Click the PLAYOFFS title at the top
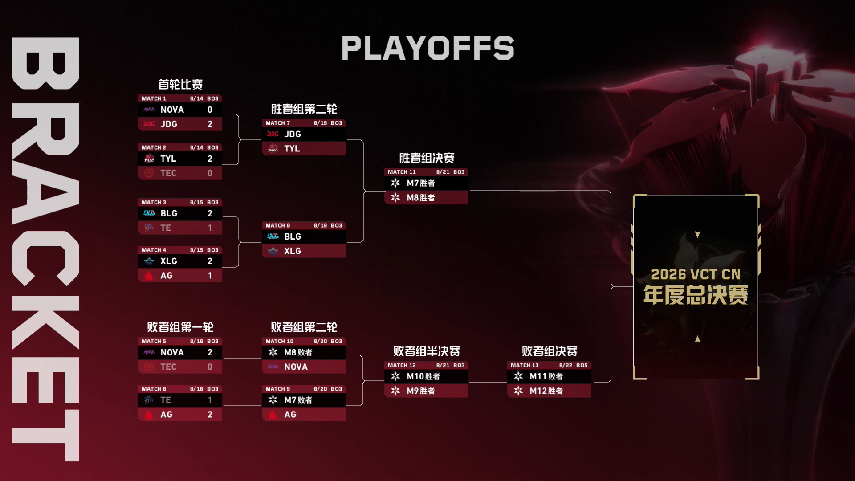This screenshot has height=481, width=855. coord(427,48)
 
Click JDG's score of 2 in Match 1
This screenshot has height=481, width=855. coord(210,124)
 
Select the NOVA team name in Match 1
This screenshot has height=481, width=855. coord(172,110)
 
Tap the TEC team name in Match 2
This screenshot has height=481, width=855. coord(168,173)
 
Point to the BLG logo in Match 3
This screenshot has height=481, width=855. coord(149,213)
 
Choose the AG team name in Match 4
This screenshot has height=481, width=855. coord(166,276)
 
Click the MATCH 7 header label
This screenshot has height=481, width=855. coord(277,123)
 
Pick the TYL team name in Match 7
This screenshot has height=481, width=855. coord(292,149)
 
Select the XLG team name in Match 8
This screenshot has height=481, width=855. coord(292,251)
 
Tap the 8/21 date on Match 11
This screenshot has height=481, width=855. coord(443,172)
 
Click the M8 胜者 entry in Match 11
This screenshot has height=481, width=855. coord(420,198)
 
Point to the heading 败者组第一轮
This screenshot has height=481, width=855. coord(180,327)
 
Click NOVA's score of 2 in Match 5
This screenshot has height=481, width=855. coord(210,352)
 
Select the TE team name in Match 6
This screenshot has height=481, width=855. coord(165,400)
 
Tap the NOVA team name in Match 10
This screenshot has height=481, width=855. coord(296,367)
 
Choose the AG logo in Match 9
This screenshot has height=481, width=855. coord(273,415)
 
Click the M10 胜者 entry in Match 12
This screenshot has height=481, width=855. coord(423,377)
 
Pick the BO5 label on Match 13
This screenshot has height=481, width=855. coord(582,365)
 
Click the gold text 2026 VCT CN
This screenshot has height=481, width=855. coord(696,274)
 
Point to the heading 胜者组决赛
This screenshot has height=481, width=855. coord(427,158)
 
